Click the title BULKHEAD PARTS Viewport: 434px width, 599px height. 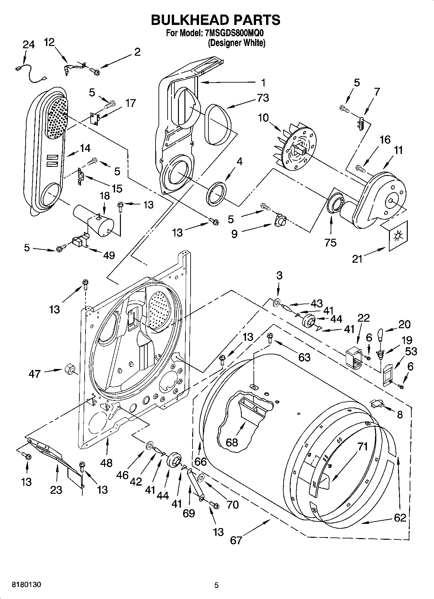[x=216, y=20]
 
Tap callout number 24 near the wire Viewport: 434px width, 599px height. [x=29, y=44]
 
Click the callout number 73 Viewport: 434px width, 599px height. [x=263, y=98]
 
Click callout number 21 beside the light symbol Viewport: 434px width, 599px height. [x=357, y=259]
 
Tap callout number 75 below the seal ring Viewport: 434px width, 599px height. [x=330, y=242]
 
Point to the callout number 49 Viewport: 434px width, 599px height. [x=109, y=255]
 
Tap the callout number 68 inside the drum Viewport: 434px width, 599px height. [x=232, y=442]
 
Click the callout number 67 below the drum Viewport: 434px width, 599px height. [x=236, y=540]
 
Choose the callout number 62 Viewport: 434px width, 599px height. [x=400, y=517]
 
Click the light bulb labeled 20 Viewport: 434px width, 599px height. [x=381, y=334]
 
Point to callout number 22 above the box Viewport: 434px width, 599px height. [x=363, y=318]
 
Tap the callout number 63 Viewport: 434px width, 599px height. [x=304, y=357]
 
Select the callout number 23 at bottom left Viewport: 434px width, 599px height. [x=56, y=490]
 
